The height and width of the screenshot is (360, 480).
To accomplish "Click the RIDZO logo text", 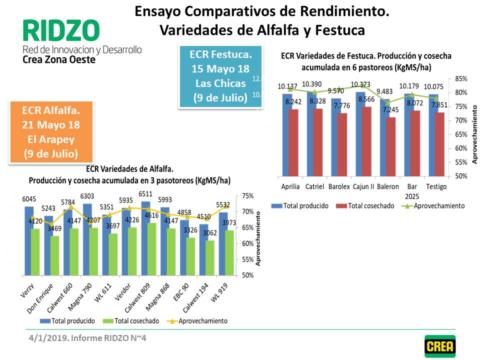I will click(61, 31).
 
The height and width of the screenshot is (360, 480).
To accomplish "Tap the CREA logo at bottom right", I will click(440, 346).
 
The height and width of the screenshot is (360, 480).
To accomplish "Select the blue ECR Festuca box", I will click(220, 75).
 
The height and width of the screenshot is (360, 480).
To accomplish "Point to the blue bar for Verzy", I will click(29, 240).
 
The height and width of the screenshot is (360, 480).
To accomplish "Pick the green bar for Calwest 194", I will click(210, 258).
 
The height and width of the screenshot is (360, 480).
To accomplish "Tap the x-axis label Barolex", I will click(339, 187).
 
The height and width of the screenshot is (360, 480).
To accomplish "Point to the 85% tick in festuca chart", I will click(461, 79).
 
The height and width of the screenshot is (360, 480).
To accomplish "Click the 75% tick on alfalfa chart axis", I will click(247, 196).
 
